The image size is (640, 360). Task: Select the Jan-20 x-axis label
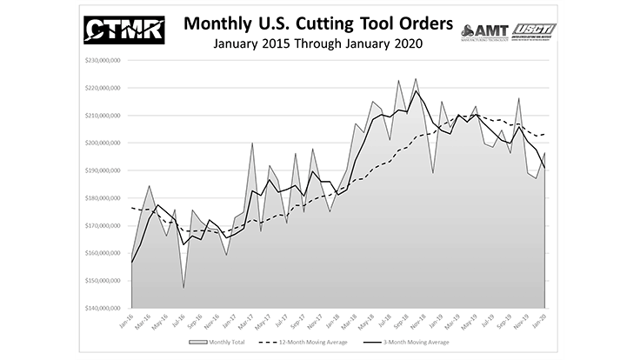coord(543,323)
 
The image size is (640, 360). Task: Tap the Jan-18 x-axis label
coord(337,323)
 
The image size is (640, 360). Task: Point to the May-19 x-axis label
coord(474,323)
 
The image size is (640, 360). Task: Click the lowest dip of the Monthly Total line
coord(183,288)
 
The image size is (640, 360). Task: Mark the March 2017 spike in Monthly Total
coord(252,143)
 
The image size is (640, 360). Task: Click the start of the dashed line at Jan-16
coord(132,208)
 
